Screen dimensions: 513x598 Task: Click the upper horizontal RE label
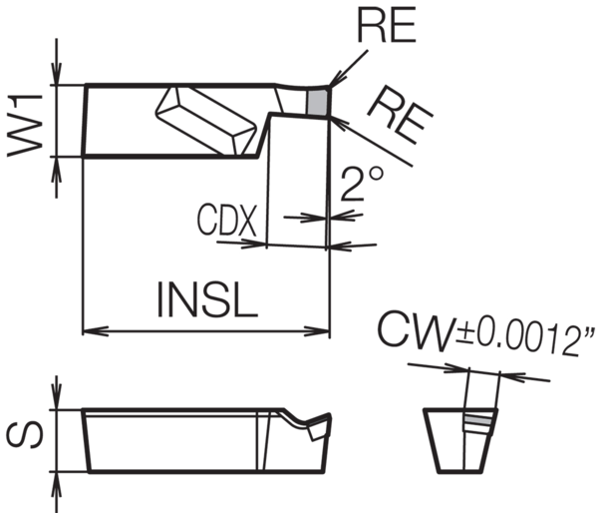(x=387, y=27)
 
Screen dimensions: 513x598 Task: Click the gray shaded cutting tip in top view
(x=318, y=101)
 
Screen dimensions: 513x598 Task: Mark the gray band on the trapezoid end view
(x=480, y=424)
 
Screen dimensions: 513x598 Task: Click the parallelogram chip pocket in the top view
(x=204, y=117)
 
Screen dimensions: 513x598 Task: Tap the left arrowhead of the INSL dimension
(x=88, y=329)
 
